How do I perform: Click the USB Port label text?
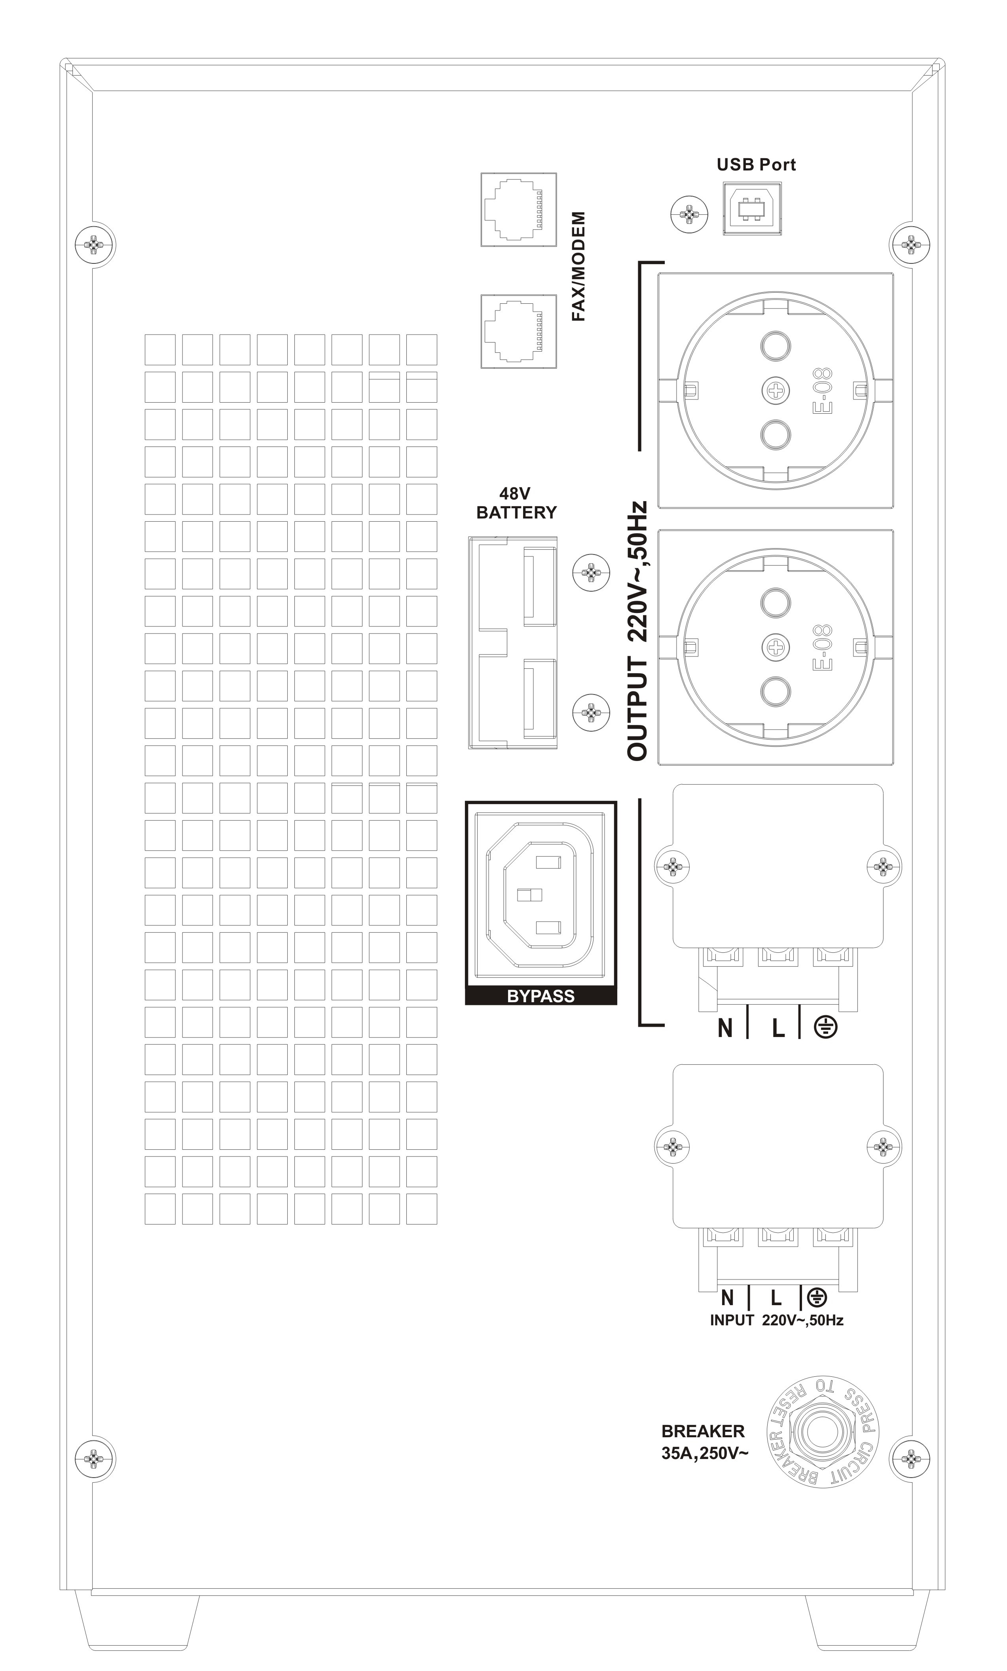[756, 164]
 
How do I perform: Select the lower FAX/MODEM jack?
[518, 331]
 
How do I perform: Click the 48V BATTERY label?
[516, 503]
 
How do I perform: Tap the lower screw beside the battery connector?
[592, 712]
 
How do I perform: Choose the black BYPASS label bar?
[541, 995]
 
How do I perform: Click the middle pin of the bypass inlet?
[530, 895]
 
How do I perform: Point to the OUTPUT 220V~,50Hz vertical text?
[637, 631]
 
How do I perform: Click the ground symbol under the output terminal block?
[825, 1028]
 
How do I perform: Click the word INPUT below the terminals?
[732, 1320]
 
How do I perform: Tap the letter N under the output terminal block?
[725, 1028]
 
